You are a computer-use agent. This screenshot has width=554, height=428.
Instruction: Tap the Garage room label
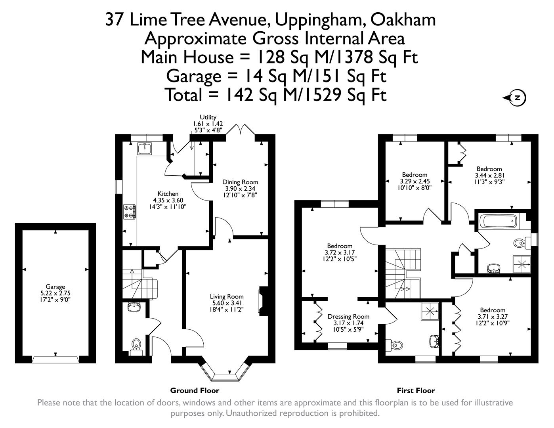pos(55,287)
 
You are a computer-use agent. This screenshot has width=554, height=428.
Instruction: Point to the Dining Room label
pos(240,182)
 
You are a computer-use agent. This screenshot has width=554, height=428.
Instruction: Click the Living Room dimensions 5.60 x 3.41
pos(227,303)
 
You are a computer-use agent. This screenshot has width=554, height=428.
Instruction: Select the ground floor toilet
pos(136,345)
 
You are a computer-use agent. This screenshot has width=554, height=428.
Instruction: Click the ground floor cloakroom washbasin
pos(134,308)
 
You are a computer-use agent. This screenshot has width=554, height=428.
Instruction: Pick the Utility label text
pos(208,117)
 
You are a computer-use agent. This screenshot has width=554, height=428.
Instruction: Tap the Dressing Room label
pos(348,316)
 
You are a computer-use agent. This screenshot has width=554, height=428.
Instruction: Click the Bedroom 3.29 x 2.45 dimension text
pos(415,181)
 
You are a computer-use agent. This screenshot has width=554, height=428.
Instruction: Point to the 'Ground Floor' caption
pos(195,390)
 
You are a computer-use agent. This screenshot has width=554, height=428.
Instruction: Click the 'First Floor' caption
pos(416,390)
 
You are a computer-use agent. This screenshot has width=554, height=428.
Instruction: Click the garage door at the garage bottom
pos(55,359)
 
